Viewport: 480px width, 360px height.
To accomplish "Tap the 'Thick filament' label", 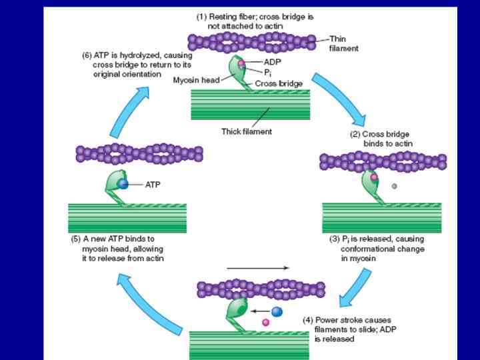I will pos(246,131).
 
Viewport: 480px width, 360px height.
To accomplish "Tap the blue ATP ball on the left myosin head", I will pos(123,185).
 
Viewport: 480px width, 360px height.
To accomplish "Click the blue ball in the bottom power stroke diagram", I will pos(277,311).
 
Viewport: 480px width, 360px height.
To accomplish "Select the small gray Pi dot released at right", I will pos(395,186).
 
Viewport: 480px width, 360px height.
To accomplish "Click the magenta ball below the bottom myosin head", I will pos(265,322).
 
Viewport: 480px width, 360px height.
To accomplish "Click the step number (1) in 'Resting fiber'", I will pos(201,17).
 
